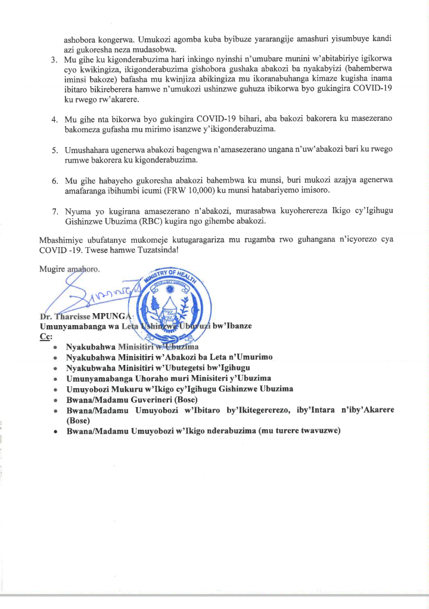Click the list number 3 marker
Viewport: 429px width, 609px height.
pyautogui.click(x=53, y=60)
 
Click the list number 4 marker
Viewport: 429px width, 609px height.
pyautogui.click(x=53, y=120)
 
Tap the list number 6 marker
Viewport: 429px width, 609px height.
pyautogui.click(x=53, y=180)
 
